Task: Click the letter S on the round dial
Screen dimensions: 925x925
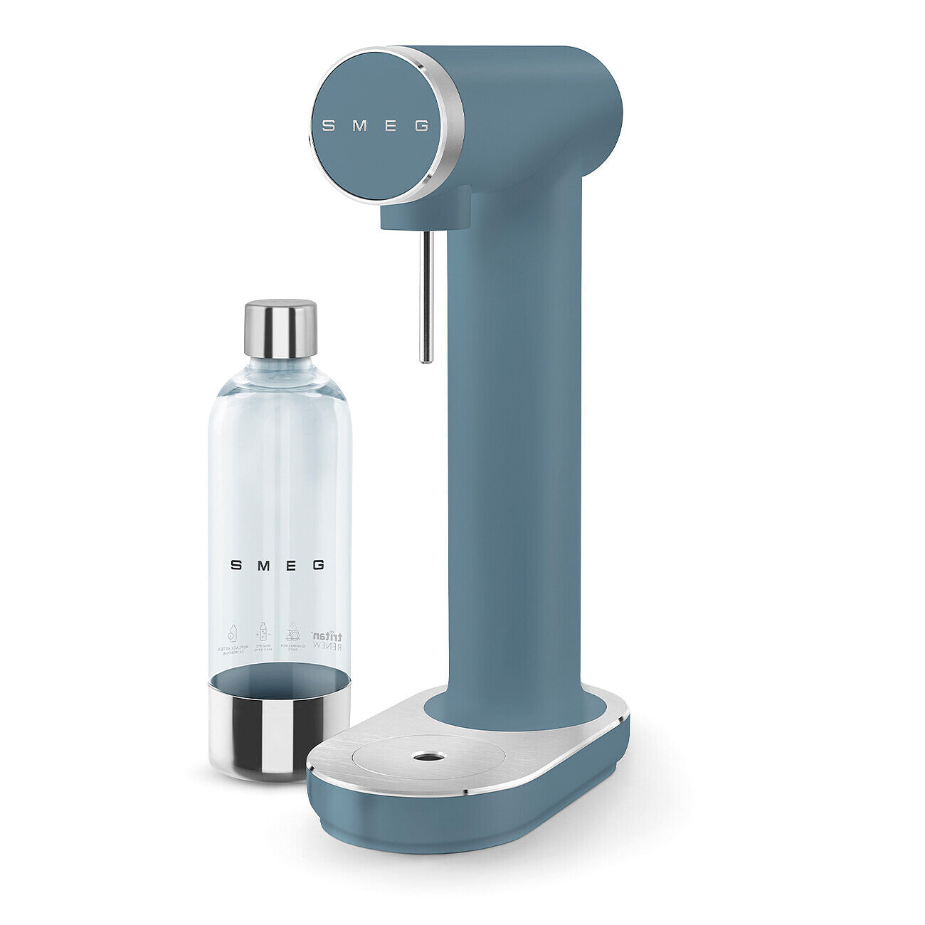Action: tap(329, 126)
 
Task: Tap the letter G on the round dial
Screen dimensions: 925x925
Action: tap(422, 127)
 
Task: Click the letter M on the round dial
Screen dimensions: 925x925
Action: tap(360, 126)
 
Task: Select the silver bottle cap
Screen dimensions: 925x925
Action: tap(280, 328)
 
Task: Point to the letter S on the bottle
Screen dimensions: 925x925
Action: tap(236, 565)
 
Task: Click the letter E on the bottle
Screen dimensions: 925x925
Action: tap(291, 565)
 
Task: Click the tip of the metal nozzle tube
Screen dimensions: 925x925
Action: tap(426, 359)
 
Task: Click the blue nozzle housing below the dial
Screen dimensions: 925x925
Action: tap(427, 210)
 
